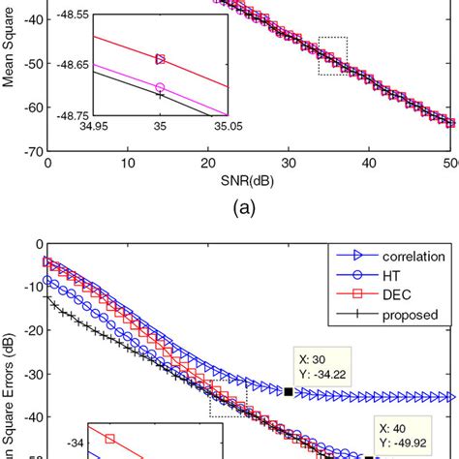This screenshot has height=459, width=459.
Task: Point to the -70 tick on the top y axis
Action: [31, 151]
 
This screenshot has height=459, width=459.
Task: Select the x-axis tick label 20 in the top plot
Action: [208, 165]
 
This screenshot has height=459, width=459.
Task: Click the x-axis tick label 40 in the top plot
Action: [369, 165]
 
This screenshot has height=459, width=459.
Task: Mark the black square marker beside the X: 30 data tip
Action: [289, 391]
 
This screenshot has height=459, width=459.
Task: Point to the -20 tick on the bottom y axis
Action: [31, 330]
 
